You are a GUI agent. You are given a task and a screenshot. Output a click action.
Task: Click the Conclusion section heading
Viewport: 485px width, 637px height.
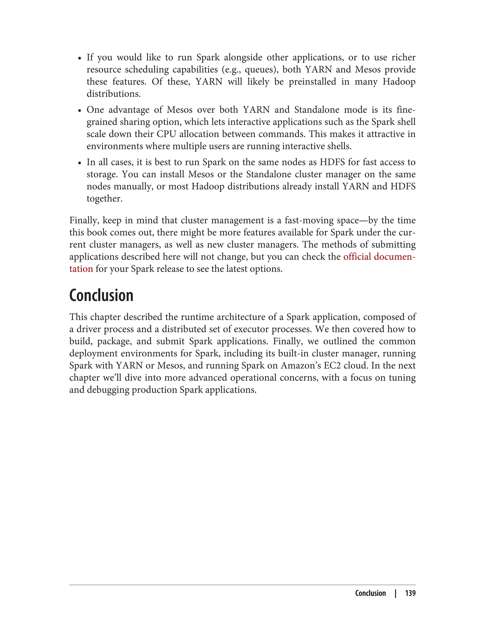tap(101, 295)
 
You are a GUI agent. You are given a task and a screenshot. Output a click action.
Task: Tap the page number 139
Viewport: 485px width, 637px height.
tap(410, 593)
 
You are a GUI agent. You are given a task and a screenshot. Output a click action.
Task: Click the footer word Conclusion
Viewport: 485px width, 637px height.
tap(370, 593)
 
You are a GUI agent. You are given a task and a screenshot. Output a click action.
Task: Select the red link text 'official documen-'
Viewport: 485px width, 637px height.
tap(379, 257)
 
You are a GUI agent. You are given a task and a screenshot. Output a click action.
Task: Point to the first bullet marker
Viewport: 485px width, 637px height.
tap(80, 58)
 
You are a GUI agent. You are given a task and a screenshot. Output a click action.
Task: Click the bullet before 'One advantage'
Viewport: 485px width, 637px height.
tap(80, 111)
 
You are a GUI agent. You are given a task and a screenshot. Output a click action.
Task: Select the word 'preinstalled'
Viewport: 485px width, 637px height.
tap(312, 82)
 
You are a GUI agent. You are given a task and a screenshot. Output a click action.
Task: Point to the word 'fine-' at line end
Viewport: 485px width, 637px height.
tap(406, 110)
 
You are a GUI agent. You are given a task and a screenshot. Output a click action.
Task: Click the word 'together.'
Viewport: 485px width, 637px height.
tap(104, 199)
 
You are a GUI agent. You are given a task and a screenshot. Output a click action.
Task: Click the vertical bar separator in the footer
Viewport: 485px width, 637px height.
tap(395, 593)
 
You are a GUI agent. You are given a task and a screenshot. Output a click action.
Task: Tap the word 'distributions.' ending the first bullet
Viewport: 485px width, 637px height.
tap(114, 94)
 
